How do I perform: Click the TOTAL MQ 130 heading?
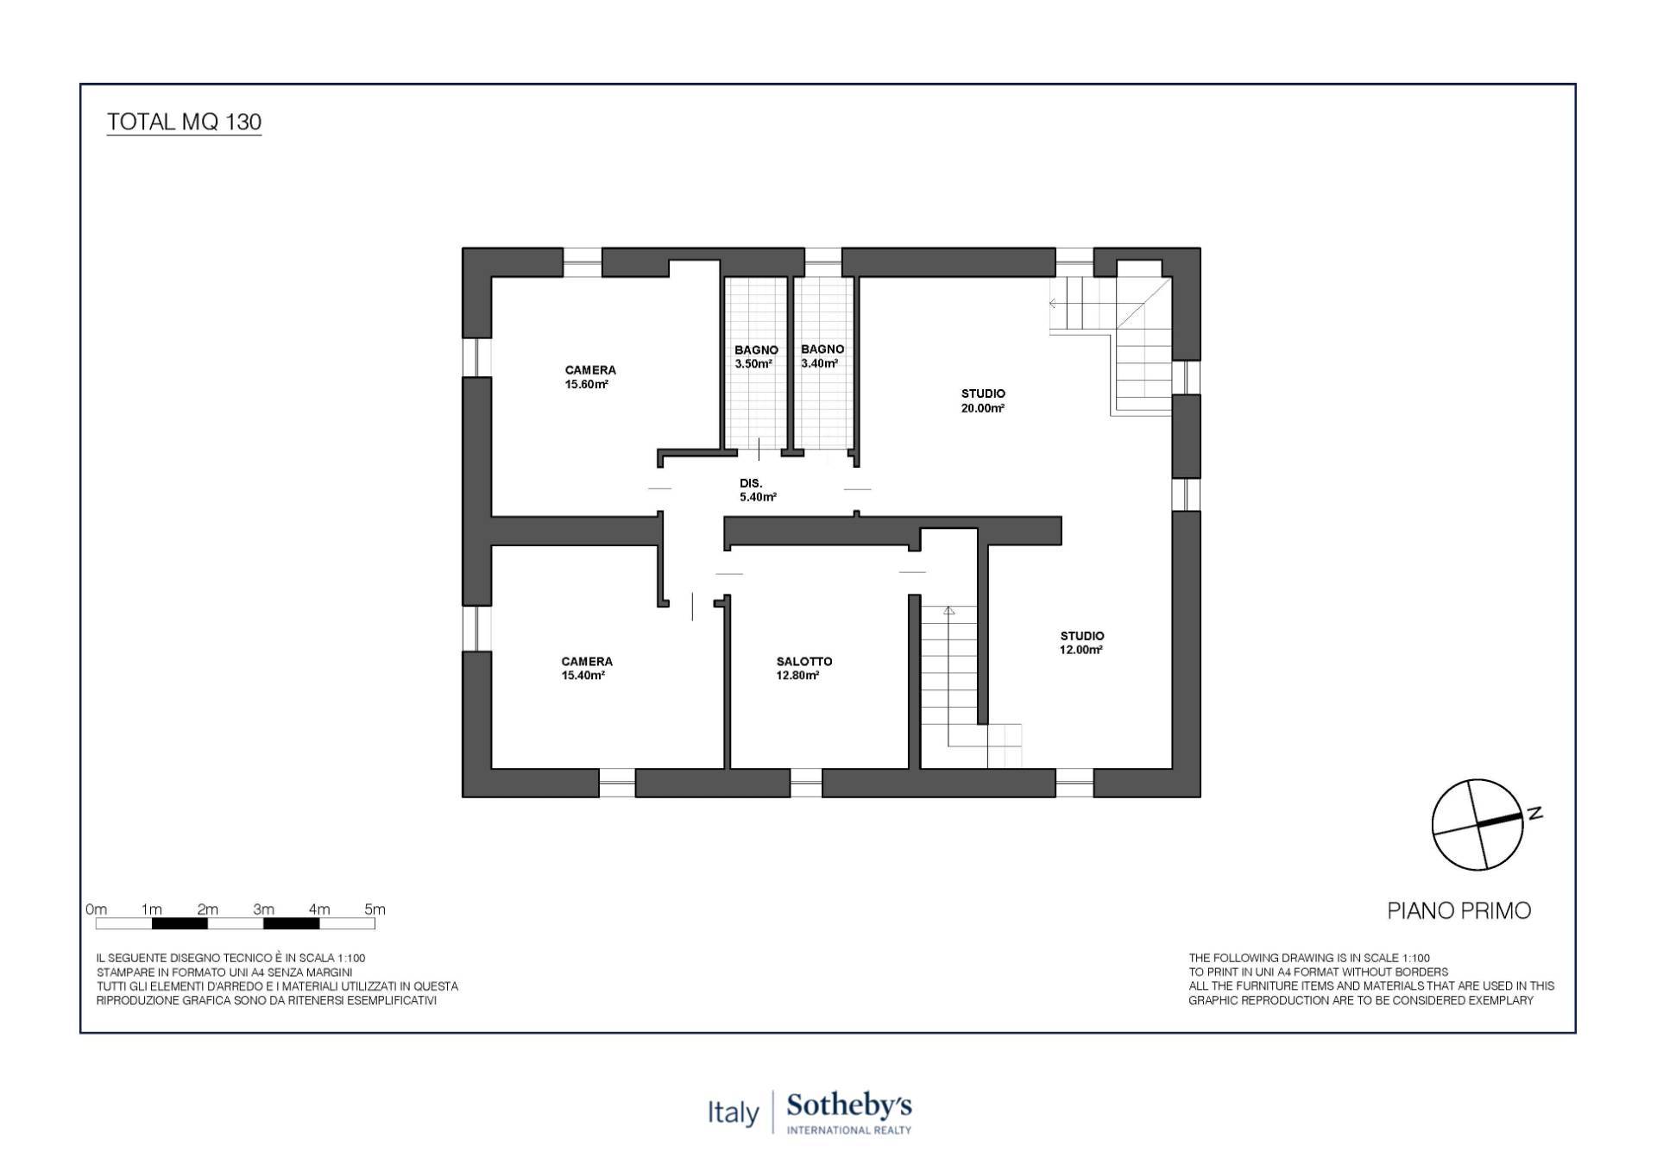[x=184, y=122]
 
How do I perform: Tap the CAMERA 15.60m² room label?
[x=590, y=377]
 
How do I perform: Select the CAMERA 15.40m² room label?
[x=586, y=669]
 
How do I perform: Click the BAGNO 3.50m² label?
[x=756, y=356]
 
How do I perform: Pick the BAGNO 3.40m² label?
[x=822, y=356]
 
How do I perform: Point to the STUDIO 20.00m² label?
[x=983, y=400]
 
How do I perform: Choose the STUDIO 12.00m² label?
[x=1081, y=643]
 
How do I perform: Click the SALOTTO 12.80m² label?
[x=803, y=669]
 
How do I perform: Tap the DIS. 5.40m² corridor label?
[x=756, y=490]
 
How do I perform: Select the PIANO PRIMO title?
[x=1459, y=910]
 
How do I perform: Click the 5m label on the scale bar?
[x=375, y=909]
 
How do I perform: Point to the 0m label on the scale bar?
[x=96, y=909]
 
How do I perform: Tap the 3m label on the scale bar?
[x=263, y=909]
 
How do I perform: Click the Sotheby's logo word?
[x=848, y=1105]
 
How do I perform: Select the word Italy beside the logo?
[x=733, y=1112]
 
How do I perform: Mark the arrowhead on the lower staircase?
[x=949, y=611]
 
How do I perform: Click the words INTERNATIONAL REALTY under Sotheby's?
[x=848, y=1130]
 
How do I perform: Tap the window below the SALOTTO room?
[x=806, y=783]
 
